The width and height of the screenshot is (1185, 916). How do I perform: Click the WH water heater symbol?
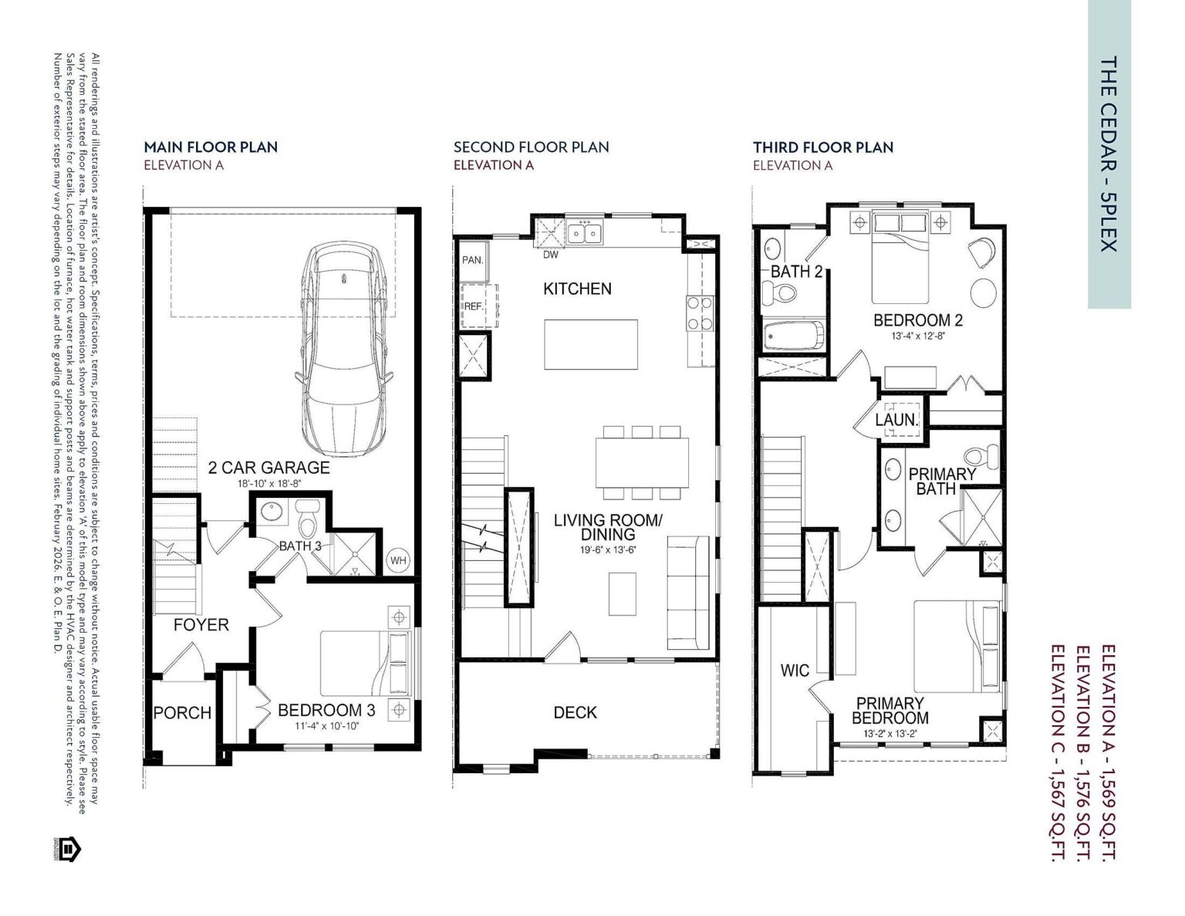[x=398, y=560]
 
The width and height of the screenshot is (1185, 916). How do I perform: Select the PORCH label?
[x=182, y=713]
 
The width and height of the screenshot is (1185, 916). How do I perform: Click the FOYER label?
[x=201, y=624]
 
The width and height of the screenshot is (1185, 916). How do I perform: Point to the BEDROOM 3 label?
[x=326, y=710]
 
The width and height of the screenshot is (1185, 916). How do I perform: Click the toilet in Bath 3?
[x=308, y=521]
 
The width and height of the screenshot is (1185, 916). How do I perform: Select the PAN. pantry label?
[x=472, y=260]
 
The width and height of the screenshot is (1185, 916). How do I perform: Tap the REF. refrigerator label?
[x=473, y=306]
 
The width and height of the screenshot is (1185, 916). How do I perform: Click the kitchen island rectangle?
[x=592, y=344]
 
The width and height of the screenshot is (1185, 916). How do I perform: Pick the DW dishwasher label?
[x=551, y=255]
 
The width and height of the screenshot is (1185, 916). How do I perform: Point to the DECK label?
[x=575, y=712]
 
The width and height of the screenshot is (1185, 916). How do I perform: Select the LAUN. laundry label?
[x=896, y=421]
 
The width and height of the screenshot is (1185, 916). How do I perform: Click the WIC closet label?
[x=795, y=670]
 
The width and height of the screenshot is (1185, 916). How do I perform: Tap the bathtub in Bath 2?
[x=792, y=336]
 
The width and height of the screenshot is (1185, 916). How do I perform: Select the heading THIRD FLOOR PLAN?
[x=823, y=147]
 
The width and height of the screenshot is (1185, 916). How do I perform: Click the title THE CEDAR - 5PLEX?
[x=1109, y=154]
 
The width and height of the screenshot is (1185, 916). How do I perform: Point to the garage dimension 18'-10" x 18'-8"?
[x=268, y=484]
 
